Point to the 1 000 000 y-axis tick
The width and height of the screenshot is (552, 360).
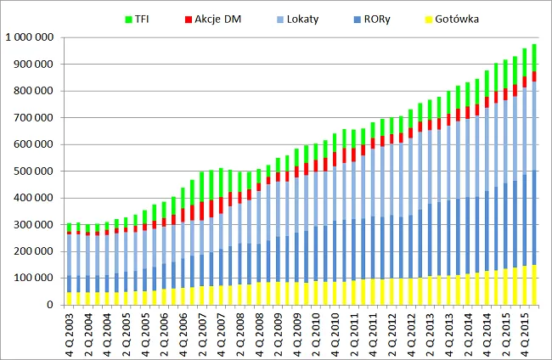coord(28,37)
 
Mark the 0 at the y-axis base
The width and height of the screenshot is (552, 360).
coord(50,305)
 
